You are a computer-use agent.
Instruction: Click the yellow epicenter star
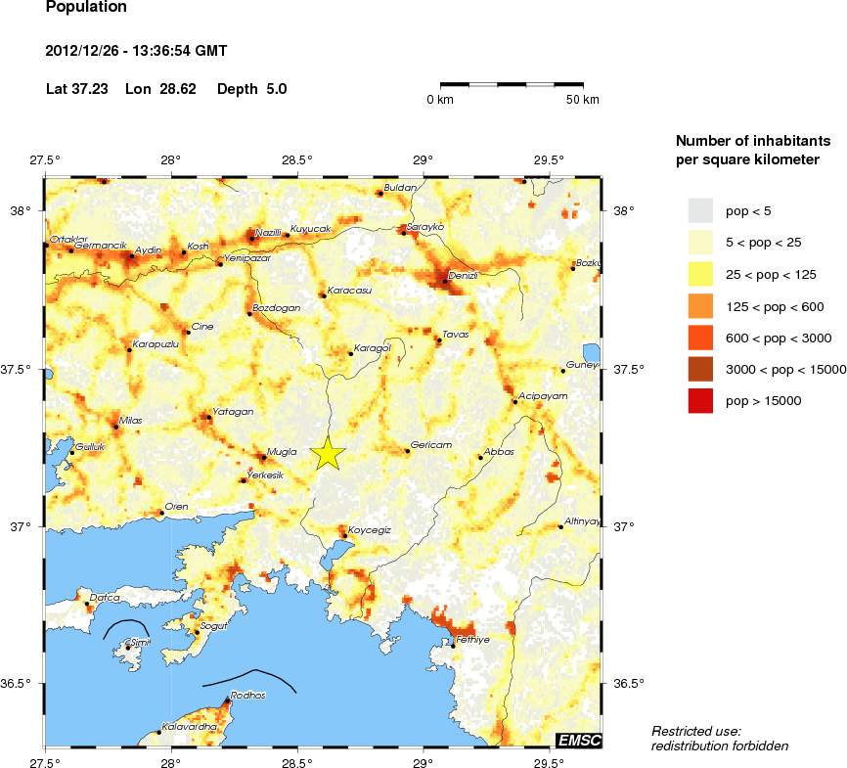point(328,454)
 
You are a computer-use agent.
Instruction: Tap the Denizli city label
point(462,276)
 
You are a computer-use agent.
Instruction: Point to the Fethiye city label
point(472,639)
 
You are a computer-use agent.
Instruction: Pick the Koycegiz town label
point(370,529)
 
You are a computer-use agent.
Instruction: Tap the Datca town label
point(105,597)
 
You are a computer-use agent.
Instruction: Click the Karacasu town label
point(349,290)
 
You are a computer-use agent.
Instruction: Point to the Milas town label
point(130,420)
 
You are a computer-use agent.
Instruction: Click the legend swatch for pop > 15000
point(700,400)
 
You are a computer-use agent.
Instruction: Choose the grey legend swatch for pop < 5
point(700,210)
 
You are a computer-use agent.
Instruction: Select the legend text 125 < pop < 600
point(775,306)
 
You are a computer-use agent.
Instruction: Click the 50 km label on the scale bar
point(583,100)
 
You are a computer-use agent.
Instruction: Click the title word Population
point(86,7)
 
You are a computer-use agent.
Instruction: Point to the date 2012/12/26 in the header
point(87,50)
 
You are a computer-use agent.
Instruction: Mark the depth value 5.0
point(277,89)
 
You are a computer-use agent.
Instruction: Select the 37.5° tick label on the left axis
point(22,369)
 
